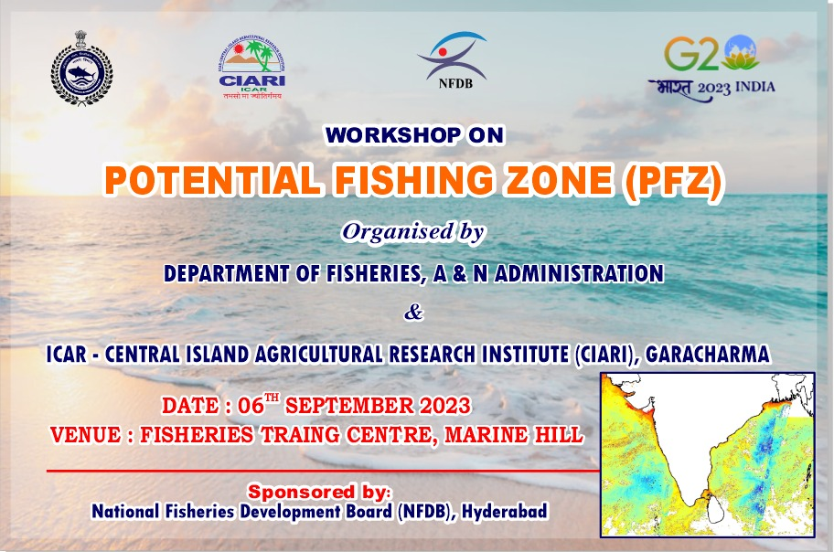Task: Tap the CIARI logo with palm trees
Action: pyautogui.click(x=252, y=67)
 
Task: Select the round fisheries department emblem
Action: pyautogui.click(x=82, y=68)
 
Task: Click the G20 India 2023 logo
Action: pyautogui.click(x=711, y=68)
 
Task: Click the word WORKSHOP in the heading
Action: pyautogui.click(x=393, y=135)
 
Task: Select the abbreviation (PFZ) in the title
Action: pyautogui.click(x=673, y=181)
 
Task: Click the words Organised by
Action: pyautogui.click(x=413, y=232)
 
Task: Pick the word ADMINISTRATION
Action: pyautogui.click(x=579, y=273)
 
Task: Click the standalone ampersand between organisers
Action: pyautogui.click(x=413, y=313)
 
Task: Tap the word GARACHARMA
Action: pyautogui.click(x=708, y=355)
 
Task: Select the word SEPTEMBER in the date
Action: pyautogui.click(x=348, y=406)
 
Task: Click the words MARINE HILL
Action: pyautogui.click(x=514, y=435)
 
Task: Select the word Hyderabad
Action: pyautogui.click(x=504, y=512)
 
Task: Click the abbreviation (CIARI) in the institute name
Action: pyautogui.click(x=605, y=355)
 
